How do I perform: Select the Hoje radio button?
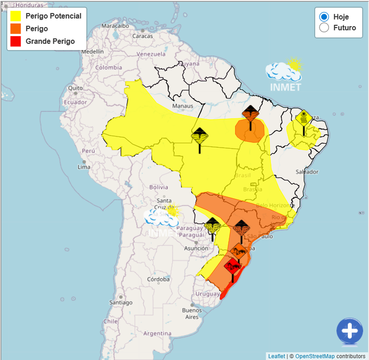tap(324, 17)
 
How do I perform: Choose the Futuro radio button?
tap(324, 28)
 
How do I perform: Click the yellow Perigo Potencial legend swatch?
tap(16, 16)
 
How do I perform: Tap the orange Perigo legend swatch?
tap(16, 29)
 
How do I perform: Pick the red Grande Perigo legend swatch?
tap(16, 41)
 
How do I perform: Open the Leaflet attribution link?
tap(276, 356)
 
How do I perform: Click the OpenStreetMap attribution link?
tap(315, 356)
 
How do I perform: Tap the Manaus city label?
tap(183, 106)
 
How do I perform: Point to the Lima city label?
tap(84, 167)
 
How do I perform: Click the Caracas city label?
tap(142, 36)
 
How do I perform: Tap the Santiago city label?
tap(121, 302)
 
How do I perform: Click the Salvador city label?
tap(307, 171)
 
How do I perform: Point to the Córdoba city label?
tap(158, 280)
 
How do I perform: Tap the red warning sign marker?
tap(233, 267)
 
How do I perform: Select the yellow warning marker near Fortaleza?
tap(304, 118)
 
